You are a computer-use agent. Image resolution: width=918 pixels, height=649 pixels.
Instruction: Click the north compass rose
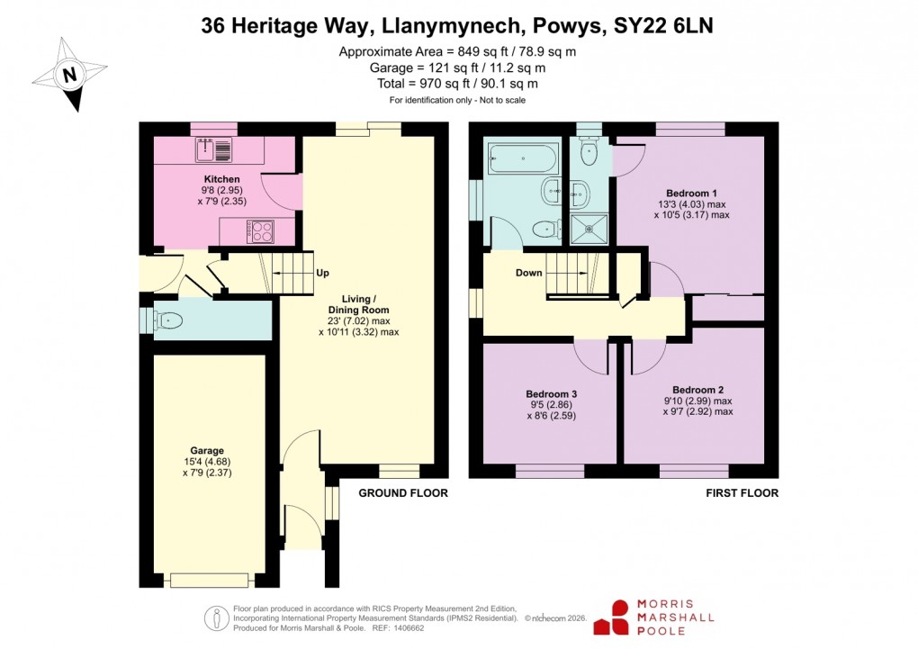click(x=69, y=74)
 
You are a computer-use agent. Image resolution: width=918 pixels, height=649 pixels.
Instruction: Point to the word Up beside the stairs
click(x=322, y=273)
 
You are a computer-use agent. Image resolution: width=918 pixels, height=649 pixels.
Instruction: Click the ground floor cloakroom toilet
click(x=167, y=320)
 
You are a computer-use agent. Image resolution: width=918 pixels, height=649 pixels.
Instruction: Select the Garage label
click(x=206, y=450)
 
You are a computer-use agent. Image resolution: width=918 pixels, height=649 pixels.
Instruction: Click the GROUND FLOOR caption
click(x=402, y=493)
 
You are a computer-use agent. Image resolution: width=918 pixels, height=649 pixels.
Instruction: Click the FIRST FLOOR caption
click(x=742, y=493)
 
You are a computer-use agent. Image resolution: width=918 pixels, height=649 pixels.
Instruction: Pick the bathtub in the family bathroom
click(x=522, y=159)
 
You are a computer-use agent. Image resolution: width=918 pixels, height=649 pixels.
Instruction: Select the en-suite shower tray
click(x=589, y=228)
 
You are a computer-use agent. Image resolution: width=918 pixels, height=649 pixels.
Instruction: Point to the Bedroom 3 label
click(x=551, y=394)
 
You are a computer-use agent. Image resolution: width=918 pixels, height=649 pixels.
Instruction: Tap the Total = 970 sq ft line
click(x=457, y=83)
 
